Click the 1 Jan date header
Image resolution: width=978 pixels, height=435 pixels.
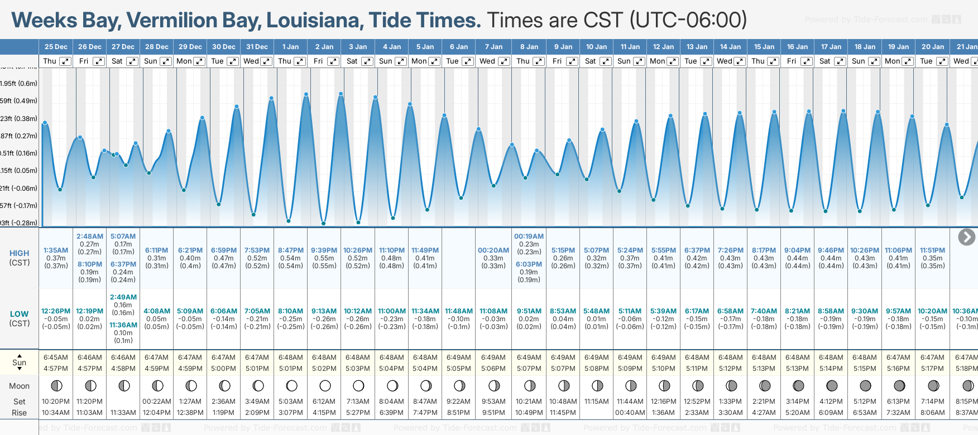(x=290, y=47)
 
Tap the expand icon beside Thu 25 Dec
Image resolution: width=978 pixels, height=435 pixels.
(x=65, y=61)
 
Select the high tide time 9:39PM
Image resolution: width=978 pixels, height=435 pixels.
(x=324, y=250)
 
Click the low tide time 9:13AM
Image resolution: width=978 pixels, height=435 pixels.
(x=324, y=311)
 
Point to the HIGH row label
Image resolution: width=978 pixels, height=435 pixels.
(x=19, y=253)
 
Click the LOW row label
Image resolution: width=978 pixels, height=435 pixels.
(x=19, y=314)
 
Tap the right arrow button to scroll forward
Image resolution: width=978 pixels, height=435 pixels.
(x=966, y=237)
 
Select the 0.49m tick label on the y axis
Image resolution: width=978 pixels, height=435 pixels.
(x=19, y=101)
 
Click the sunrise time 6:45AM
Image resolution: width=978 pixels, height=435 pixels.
(x=56, y=357)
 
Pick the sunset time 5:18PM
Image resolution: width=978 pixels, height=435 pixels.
(x=966, y=369)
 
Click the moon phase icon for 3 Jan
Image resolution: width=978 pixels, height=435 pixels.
(x=358, y=385)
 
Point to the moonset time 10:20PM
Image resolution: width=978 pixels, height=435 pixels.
(x=56, y=402)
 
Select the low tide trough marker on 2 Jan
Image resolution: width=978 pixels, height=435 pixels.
(x=324, y=223)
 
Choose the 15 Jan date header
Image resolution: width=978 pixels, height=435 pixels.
(x=764, y=47)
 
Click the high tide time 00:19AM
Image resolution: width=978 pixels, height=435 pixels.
(x=529, y=236)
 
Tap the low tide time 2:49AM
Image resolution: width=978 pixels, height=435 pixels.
(x=123, y=297)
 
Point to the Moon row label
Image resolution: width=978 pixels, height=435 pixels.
(x=19, y=386)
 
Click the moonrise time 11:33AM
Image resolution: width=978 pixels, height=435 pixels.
(x=123, y=413)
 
